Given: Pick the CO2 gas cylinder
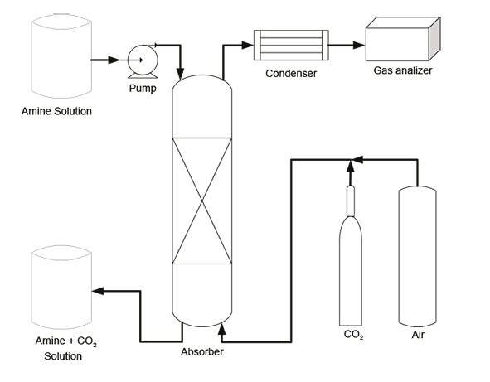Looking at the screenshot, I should [x=351, y=265].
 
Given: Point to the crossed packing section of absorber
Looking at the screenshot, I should [x=201, y=199].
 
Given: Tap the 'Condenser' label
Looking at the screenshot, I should [x=292, y=74].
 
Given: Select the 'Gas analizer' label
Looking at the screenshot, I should [x=403, y=71].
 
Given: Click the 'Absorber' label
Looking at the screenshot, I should [x=201, y=351].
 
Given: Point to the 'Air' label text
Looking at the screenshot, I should [x=419, y=336].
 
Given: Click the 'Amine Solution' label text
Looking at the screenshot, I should [x=56, y=111].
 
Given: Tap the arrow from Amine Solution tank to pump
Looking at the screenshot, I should [x=107, y=60].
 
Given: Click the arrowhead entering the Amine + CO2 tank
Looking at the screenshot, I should [x=98, y=291].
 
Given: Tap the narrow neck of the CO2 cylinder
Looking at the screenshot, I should [x=350, y=199].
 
